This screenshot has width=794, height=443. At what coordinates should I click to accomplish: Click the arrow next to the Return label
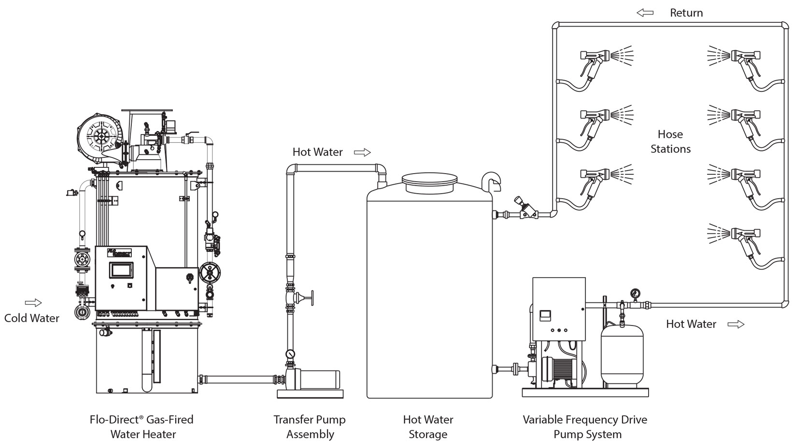point(645,13)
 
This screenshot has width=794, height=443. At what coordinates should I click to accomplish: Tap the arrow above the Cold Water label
point(33,303)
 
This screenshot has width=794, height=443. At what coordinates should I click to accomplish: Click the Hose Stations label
point(670,141)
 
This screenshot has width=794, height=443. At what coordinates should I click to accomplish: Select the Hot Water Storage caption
point(428,427)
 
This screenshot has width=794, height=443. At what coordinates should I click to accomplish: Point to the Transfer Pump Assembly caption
point(310,427)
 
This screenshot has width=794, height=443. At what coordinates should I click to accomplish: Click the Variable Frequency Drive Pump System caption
point(585,427)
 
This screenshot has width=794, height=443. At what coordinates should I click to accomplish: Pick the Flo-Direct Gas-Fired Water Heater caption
point(142,427)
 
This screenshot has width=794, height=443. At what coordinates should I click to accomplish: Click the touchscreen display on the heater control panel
point(121,270)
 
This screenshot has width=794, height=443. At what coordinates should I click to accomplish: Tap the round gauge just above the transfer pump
point(290,354)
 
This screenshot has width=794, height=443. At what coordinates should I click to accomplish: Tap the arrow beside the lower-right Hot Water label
point(736,324)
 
